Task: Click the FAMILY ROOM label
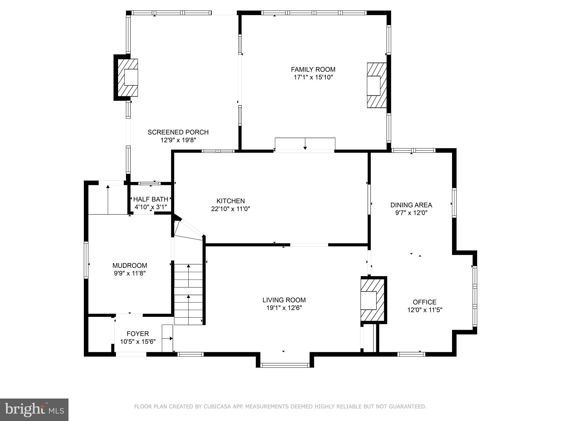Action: coord(313,70)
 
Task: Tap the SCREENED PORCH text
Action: coord(178,132)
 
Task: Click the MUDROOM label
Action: coord(130,266)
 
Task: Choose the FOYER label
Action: coord(138,334)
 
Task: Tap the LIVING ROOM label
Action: coord(284,300)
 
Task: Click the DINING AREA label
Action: coord(411,205)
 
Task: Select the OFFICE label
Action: coord(424,302)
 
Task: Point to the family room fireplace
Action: coord(377,86)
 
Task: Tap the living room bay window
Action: coord(285,365)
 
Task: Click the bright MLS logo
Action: coord(34,410)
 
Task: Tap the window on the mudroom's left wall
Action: coord(86,260)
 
